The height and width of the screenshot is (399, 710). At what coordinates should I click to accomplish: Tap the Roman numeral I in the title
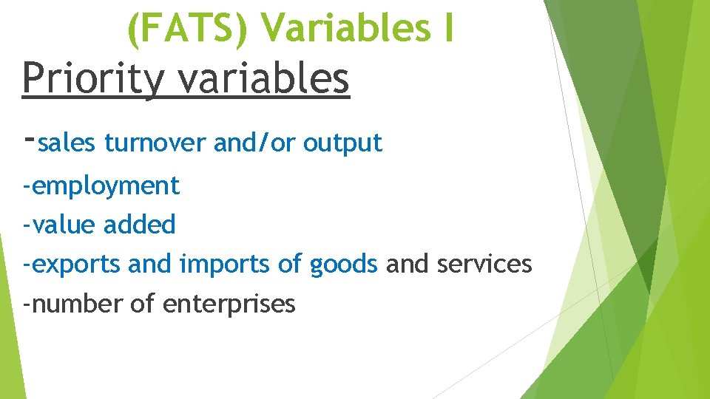pyautogui.click(x=447, y=28)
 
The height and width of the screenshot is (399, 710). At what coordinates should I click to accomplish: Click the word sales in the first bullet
pyautogui.click(x=67, y=143)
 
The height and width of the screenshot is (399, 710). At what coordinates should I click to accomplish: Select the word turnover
pyautogui.click(x=155, y=143)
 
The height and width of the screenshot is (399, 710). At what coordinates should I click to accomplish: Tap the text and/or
pyautogui.click(x=254, y=143)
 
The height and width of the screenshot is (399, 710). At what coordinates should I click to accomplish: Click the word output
pyautogui.click(x=343, y=143)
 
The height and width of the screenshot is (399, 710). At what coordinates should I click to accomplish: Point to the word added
pyautogui.click(x=140, y=225)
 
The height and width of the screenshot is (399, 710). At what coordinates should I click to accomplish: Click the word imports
pyautogui.click(x=225, y=264)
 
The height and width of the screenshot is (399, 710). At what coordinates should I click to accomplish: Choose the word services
pyautogui.click(x=484, y=264)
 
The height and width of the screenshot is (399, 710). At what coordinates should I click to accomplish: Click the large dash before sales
pyautogui.click(x=29, y=139)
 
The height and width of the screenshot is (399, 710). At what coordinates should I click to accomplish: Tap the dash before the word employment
pyautogui.click(x=27, y=186)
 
